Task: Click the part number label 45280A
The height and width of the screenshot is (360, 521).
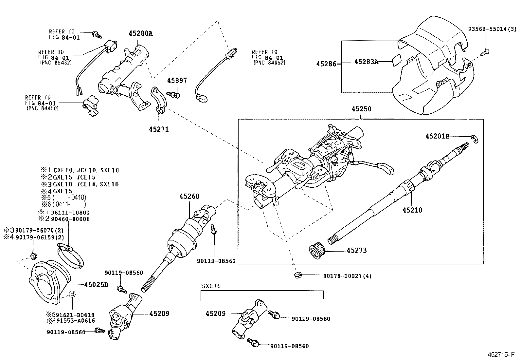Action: (141, 33)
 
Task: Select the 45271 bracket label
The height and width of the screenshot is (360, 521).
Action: (159, 129)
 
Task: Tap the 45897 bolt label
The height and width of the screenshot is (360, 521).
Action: (177, 81)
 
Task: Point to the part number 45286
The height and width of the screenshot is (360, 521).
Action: (326, 64)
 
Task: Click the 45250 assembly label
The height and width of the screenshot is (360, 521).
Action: (361, 109)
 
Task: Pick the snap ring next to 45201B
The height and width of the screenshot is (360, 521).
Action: (475, 139)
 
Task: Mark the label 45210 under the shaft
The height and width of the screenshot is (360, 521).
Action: (412, 210)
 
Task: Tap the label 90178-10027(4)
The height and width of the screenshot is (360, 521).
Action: (347, 276)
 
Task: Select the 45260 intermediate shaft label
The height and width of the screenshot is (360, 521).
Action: (189, 197)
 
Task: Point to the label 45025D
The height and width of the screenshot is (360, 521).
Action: (96, 285)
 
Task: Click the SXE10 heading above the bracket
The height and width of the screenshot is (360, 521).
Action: (211, 286)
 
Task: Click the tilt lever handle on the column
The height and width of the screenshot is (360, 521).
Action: (388, 169)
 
